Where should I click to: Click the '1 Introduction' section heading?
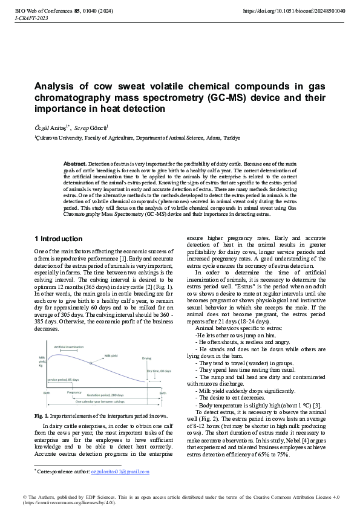pyautogui.click(x=59, y=239)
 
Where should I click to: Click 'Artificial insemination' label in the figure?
pyautogui.click(x=69, y=347)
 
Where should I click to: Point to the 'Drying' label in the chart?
pyautogui.click(x=147, y=358)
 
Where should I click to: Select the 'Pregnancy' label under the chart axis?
pyautogui.click(x=74, y=392)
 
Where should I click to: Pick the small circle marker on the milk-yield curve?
pyautogui.click(x=91, y=363)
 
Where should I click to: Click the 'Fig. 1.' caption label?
pyautogui.click(x=42, y=415)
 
